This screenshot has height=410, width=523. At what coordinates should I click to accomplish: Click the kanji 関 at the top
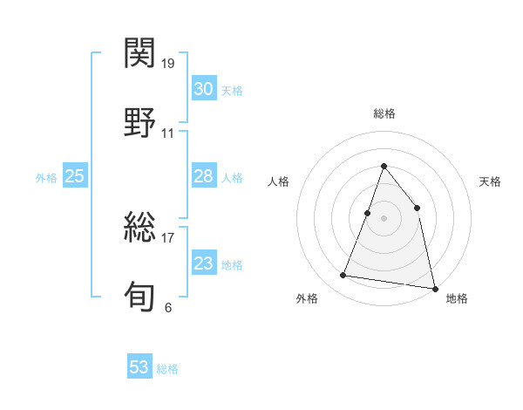[x=140, y=54]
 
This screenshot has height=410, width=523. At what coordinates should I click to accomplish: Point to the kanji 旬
[x=140, y=296]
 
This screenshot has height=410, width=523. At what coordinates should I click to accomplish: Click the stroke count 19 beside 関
[x=168, y=64]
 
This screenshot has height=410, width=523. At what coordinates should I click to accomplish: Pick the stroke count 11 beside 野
[x=168, y=133]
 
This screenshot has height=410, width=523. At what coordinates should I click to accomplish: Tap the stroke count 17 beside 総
[x=168, y=236]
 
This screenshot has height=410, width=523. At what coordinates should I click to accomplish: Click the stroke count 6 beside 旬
[x=168, y=307]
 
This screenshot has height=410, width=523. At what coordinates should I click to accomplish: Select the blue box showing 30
[x=203, y=89]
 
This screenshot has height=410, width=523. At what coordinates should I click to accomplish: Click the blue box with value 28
[x=203, y=176]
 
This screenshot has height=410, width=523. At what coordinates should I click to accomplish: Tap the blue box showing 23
[x=203, y=263]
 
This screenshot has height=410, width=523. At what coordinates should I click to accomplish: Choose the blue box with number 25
[x=74, y=176]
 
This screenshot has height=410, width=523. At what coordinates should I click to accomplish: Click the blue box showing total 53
[x=139, y=367]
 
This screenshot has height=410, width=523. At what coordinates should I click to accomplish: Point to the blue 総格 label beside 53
[x=167, y=369]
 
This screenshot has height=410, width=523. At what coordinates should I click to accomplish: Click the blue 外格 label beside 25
[x=46, y=178]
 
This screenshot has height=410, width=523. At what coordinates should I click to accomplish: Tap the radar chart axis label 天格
[x=490, y=181]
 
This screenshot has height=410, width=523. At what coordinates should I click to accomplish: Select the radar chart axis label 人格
[x=278, y=181]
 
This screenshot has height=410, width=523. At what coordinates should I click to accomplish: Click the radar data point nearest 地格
[x=433, y=287]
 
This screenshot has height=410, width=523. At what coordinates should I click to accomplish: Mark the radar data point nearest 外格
[x=343, y=276]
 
